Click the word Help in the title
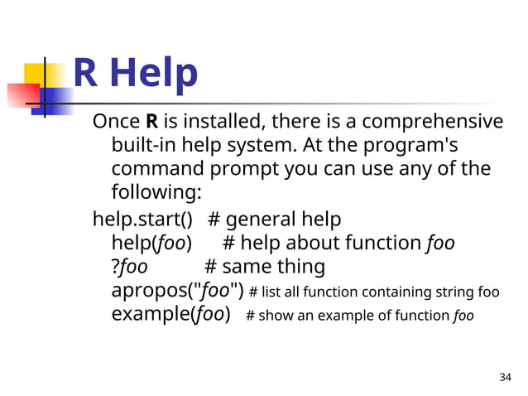(154, 74)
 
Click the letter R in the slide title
(87, 74)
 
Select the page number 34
(506, 378)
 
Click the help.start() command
(142, 220)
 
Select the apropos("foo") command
(177, 292)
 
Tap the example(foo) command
(170, 316)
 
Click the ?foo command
(130, 268)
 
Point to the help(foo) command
(151, 244)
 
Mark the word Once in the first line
(117, 122)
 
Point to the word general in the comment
(260, 220)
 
